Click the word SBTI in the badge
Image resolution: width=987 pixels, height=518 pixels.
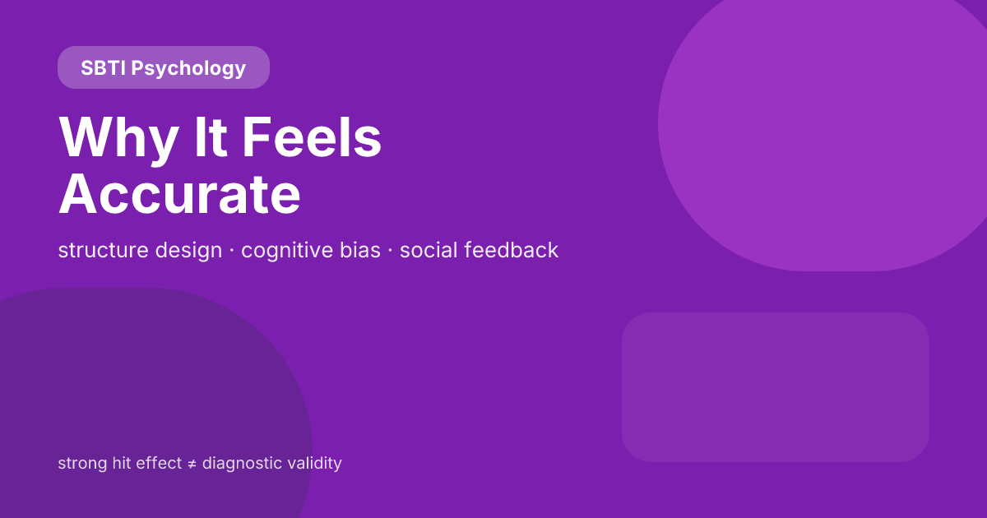[103, 68]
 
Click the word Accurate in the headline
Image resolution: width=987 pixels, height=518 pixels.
[179, 194]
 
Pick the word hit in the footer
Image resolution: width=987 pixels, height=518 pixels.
[121, 463]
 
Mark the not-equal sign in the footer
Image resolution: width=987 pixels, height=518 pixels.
[192, 464]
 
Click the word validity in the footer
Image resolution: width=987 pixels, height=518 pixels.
[314, 463]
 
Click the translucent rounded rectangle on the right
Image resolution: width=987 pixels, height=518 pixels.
[775, 386]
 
